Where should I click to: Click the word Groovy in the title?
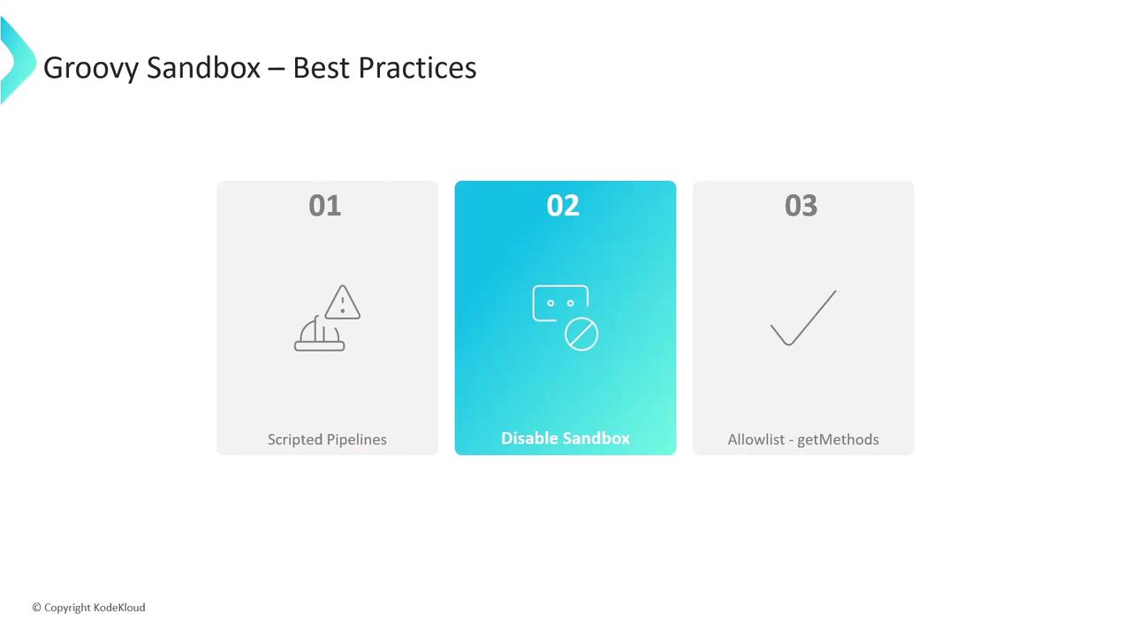point(90,68)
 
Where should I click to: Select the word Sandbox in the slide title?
point(203,68)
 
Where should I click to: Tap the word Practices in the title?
point(417,68)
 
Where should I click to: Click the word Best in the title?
point(321,68)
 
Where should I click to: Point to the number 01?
point(324,206)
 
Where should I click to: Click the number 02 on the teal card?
point(563,206)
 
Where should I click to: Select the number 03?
point(801,206)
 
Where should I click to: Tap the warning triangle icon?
point(342,302)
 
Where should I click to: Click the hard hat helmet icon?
point(319,334)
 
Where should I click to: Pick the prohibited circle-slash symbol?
point(581,334)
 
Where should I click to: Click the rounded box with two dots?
point(560,303)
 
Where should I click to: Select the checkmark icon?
point(803,318)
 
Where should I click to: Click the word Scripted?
point(295,440)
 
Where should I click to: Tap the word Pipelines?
point(357,440)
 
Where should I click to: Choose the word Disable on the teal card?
point(529,438)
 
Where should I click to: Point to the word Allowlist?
point(755,440)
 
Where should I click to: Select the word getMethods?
point(839,440)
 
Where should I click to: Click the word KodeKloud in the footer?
point(119,607)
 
